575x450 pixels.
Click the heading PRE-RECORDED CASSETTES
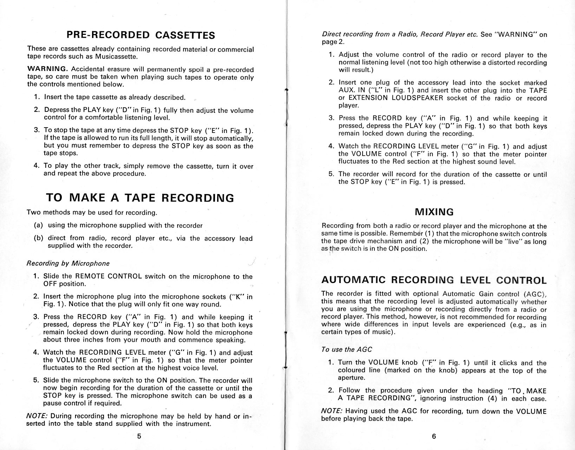coord(141,35)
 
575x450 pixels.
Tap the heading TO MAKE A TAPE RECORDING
coord(140,198)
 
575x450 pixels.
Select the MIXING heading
coord(434,212)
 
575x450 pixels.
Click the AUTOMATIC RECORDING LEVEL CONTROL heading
coord(434,280)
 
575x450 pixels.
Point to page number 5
coord(139,436)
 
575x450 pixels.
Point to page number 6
coord(434,436)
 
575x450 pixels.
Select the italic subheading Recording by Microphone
coord(68,263)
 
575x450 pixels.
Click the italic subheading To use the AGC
coord(346,349)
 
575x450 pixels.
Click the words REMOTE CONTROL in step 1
coord(109,276)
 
